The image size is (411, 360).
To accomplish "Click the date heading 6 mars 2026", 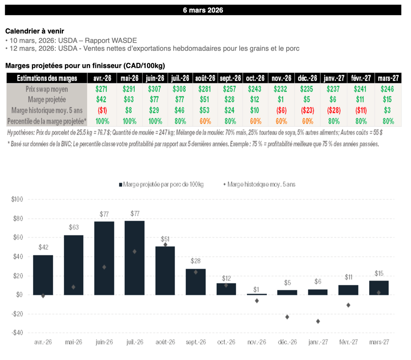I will (203, 10).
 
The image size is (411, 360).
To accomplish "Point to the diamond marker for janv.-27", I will (318, 321).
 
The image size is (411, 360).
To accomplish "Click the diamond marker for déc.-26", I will (287, 317).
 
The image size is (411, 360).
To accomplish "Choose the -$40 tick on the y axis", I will (18, 333).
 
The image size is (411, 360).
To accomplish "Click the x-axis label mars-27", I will (379, 342).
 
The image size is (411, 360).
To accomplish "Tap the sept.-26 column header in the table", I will (230, 78).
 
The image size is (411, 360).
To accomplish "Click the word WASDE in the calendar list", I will (126, 41).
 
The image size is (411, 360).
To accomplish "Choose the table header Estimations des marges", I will (47, 78).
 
